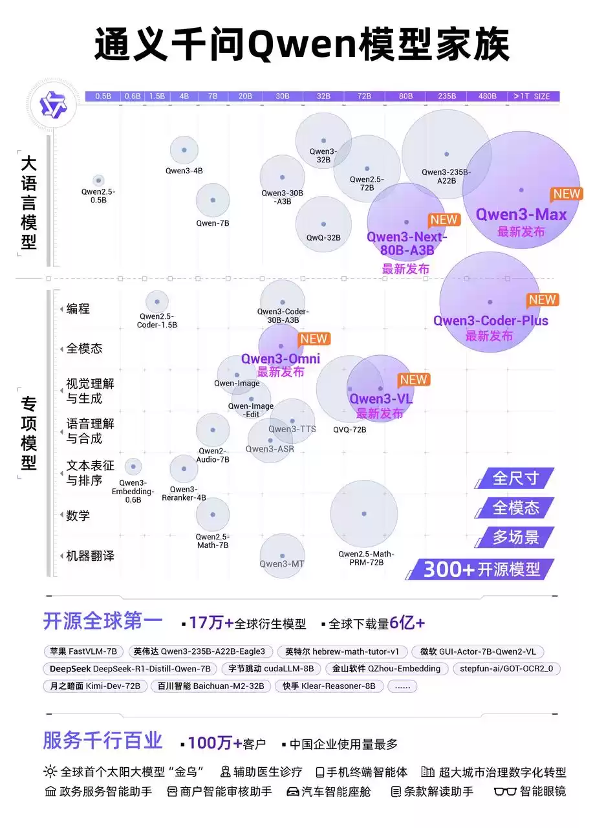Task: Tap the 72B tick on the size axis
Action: click(364, 96)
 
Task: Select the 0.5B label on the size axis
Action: click(103, 96)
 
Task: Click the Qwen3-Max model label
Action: click(521, 215)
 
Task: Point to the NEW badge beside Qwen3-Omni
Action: click(314, 339)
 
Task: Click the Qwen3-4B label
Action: click(184, 171)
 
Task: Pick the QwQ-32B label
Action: click(323, 237)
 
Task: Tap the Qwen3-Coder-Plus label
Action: click(490, 321)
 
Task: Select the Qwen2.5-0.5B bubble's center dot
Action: click(98, 180)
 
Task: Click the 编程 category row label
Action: click(78, 309)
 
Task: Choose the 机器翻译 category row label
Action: click(90, 556)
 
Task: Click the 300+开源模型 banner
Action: click(481, 569)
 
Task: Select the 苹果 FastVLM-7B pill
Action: click(83, 651)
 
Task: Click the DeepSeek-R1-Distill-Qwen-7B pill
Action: click(130, 669)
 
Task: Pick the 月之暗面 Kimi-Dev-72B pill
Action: click(95, 686)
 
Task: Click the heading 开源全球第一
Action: click(103, 622)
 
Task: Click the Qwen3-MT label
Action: click(282, 564)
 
